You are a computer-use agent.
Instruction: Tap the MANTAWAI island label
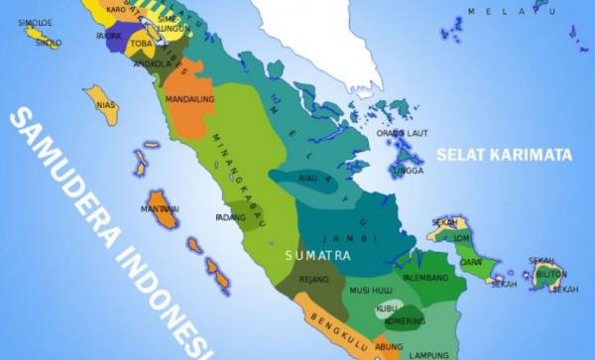(160, 209)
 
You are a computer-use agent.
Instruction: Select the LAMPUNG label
(430, 353)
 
